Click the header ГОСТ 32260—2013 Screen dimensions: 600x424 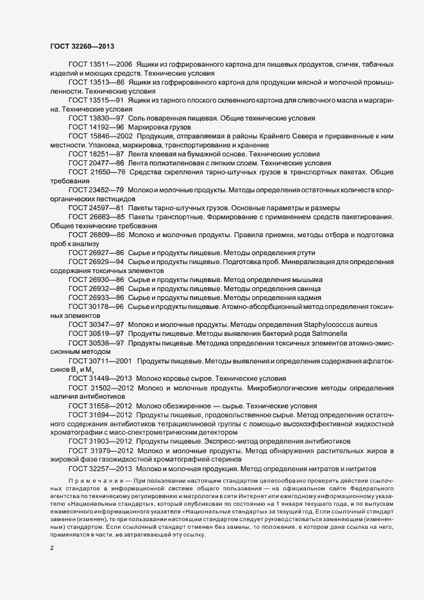[82, 46]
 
